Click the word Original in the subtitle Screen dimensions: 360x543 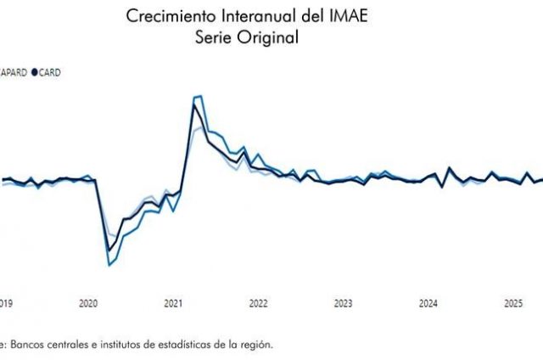[x=271, y=37]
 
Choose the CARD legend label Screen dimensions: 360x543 [x=52, y=73]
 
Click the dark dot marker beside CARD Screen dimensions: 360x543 [x=35, y=73]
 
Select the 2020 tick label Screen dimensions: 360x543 [x=88, y=303]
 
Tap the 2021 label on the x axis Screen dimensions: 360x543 [x=173, y=303]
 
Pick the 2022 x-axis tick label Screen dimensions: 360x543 [x=258, y=303]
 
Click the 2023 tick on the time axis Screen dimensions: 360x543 [x=343, y=303]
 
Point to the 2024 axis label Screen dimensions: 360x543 [x=428, y=303]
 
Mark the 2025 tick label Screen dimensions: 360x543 [x=512, y=303]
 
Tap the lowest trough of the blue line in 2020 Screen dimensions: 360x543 [x=109, y=266]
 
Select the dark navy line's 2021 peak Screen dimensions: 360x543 [x=194, y=104]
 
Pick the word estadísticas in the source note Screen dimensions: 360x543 [x=185, y=344]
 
